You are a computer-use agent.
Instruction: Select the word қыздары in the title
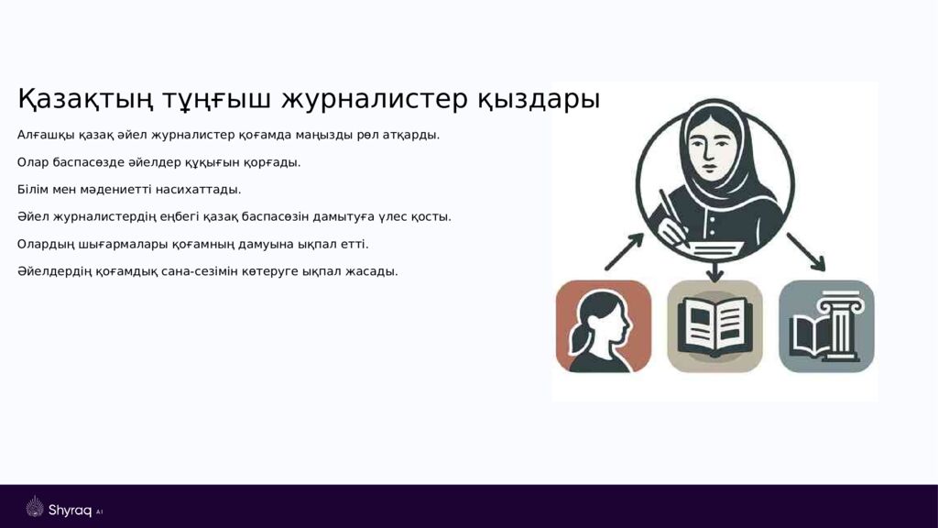(538, 99)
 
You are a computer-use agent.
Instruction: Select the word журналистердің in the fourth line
(97, 217)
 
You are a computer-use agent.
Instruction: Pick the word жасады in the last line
(372, 272)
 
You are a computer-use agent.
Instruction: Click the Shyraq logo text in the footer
(70, 511)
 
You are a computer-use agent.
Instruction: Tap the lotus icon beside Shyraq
(35, 507)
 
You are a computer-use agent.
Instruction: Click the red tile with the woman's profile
(604, 326)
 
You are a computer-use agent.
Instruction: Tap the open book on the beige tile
(714, 326)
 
